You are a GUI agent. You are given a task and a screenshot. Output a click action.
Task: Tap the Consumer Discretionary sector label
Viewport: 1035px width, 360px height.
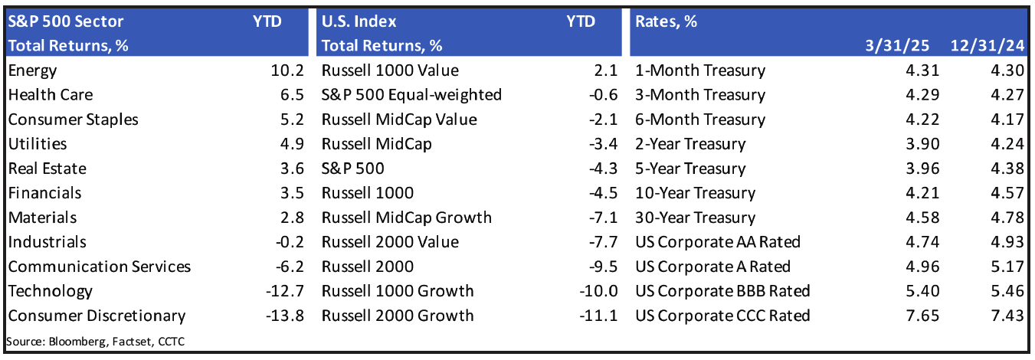coord(97,316)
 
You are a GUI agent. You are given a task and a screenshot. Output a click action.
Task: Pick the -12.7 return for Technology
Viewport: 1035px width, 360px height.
coord(285,291)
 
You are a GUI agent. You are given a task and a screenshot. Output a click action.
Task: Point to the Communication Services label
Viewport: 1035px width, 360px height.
coord(99,267)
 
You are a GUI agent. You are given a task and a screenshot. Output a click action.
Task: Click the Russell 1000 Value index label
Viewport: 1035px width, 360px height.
coord(390,71)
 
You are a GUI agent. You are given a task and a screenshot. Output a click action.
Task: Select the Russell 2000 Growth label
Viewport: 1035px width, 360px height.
coord(398,316)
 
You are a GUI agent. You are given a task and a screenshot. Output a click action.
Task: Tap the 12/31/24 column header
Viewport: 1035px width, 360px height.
coord(987,45)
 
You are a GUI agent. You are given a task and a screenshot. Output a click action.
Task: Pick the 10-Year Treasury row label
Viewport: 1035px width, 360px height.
coord(695,193)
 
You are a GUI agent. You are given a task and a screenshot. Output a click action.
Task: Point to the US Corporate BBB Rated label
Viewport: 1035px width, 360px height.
coord(722,291)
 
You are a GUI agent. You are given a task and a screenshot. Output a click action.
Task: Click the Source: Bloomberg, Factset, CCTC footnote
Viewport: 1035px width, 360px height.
coord(95,341)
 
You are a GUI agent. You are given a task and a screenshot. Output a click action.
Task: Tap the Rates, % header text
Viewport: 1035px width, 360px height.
coord(666,21)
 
